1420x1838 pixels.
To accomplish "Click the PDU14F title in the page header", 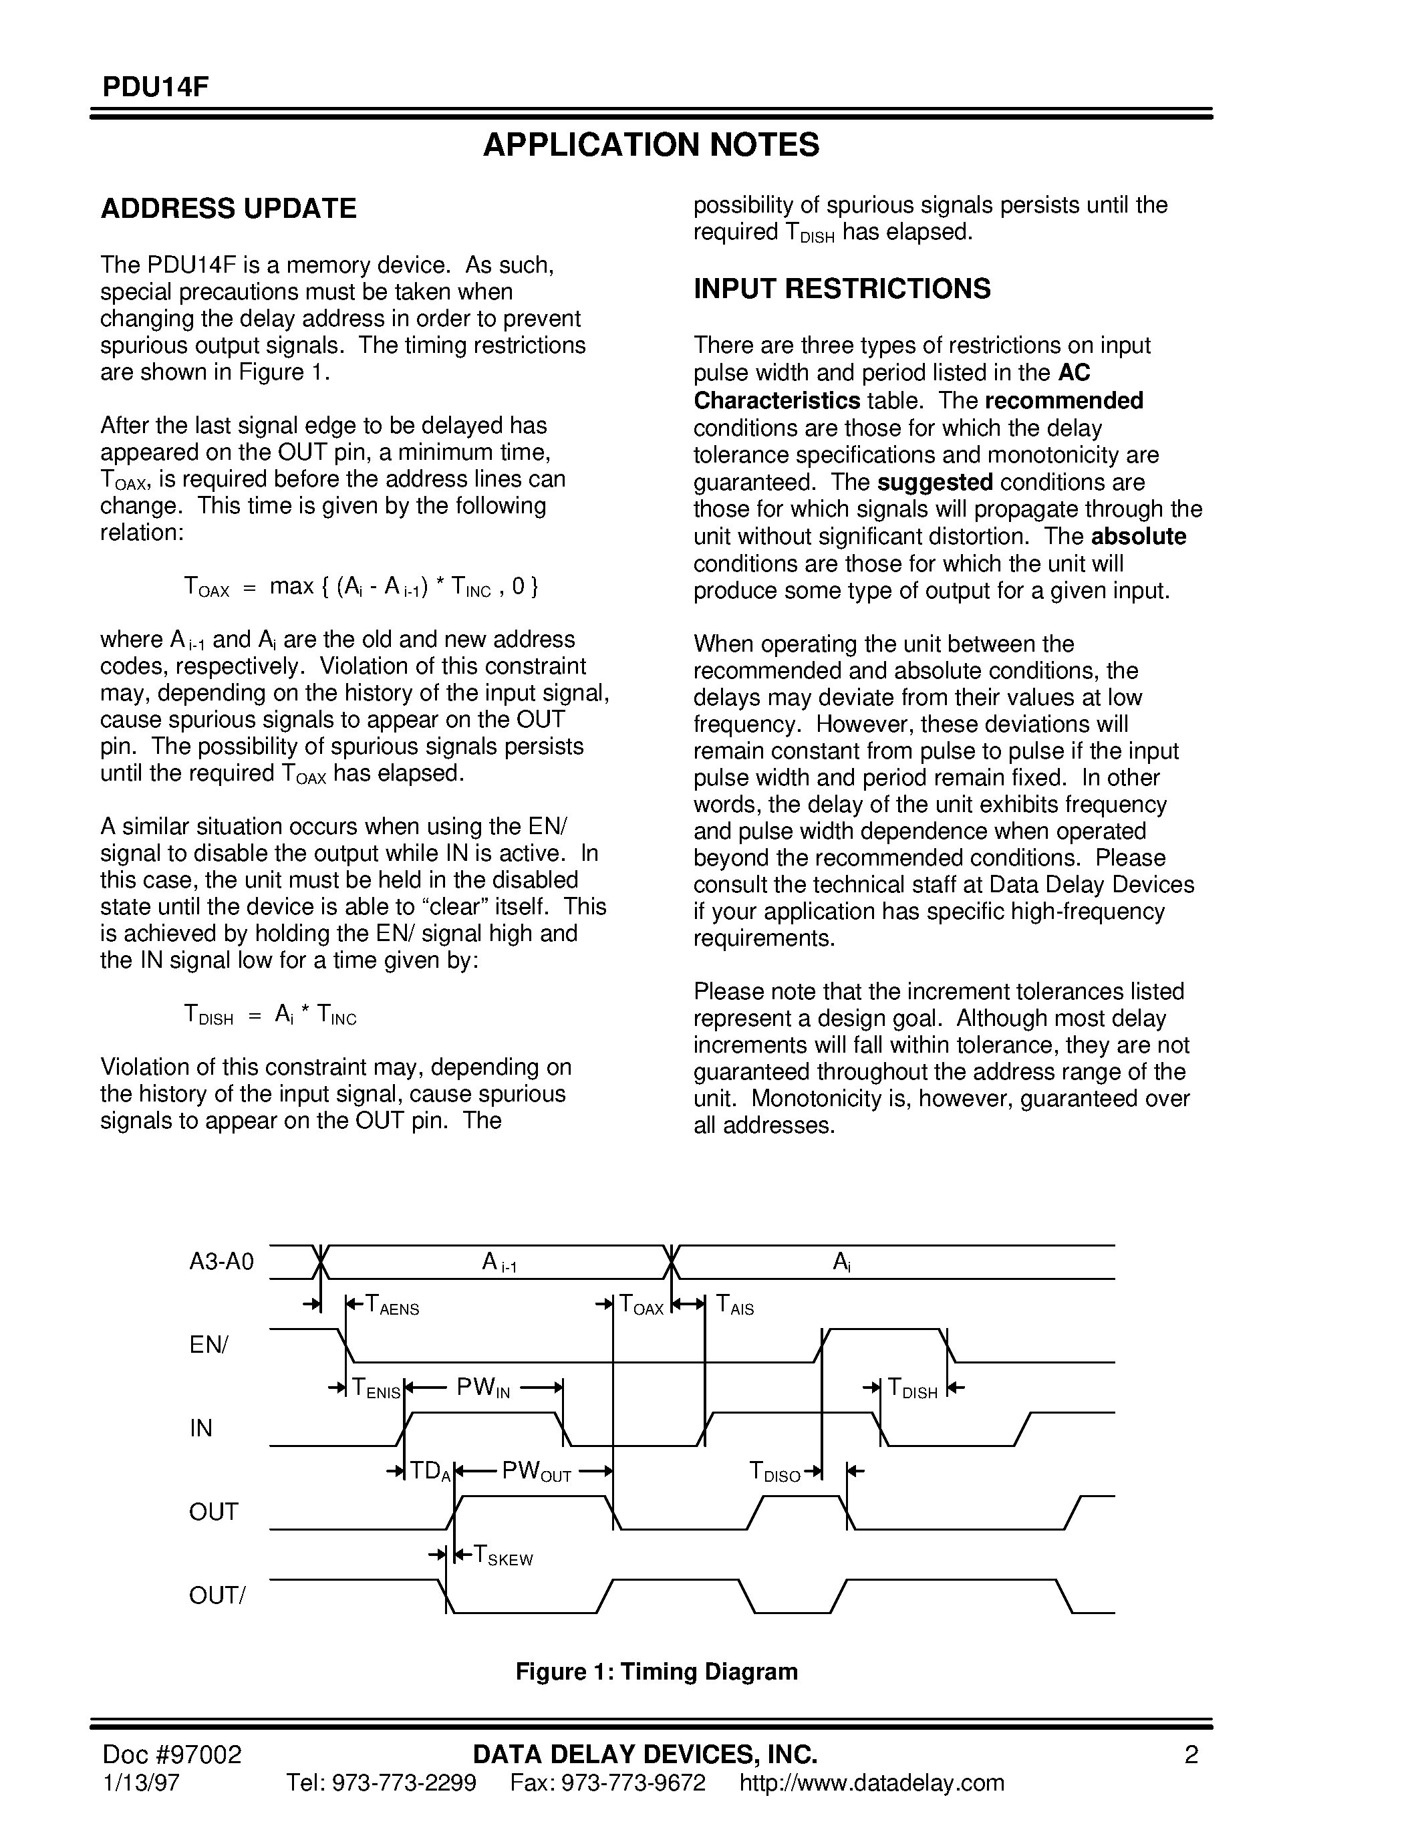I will [155, 88].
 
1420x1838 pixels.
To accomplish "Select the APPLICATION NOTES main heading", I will [650, 146].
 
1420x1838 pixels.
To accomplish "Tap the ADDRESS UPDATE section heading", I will [228, 209].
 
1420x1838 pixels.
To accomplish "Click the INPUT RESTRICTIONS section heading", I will [841, 289].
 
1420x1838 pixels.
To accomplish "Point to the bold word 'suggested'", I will [935, 482].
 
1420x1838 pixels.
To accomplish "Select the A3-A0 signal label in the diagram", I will [221, 1263].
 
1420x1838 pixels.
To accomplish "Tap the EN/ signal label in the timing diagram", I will [208, 1345].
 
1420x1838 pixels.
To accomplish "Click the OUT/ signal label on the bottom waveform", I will [217, 1595].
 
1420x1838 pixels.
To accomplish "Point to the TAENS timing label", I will [391, 1306].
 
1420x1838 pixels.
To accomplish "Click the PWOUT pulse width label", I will [536, 1472].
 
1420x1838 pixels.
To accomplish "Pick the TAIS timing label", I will [734, 1306].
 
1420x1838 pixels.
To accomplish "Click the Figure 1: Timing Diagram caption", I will [656, 1672].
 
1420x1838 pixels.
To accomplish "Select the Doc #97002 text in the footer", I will [172, 1754].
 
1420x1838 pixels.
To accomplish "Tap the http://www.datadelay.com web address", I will [871, 1783].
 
